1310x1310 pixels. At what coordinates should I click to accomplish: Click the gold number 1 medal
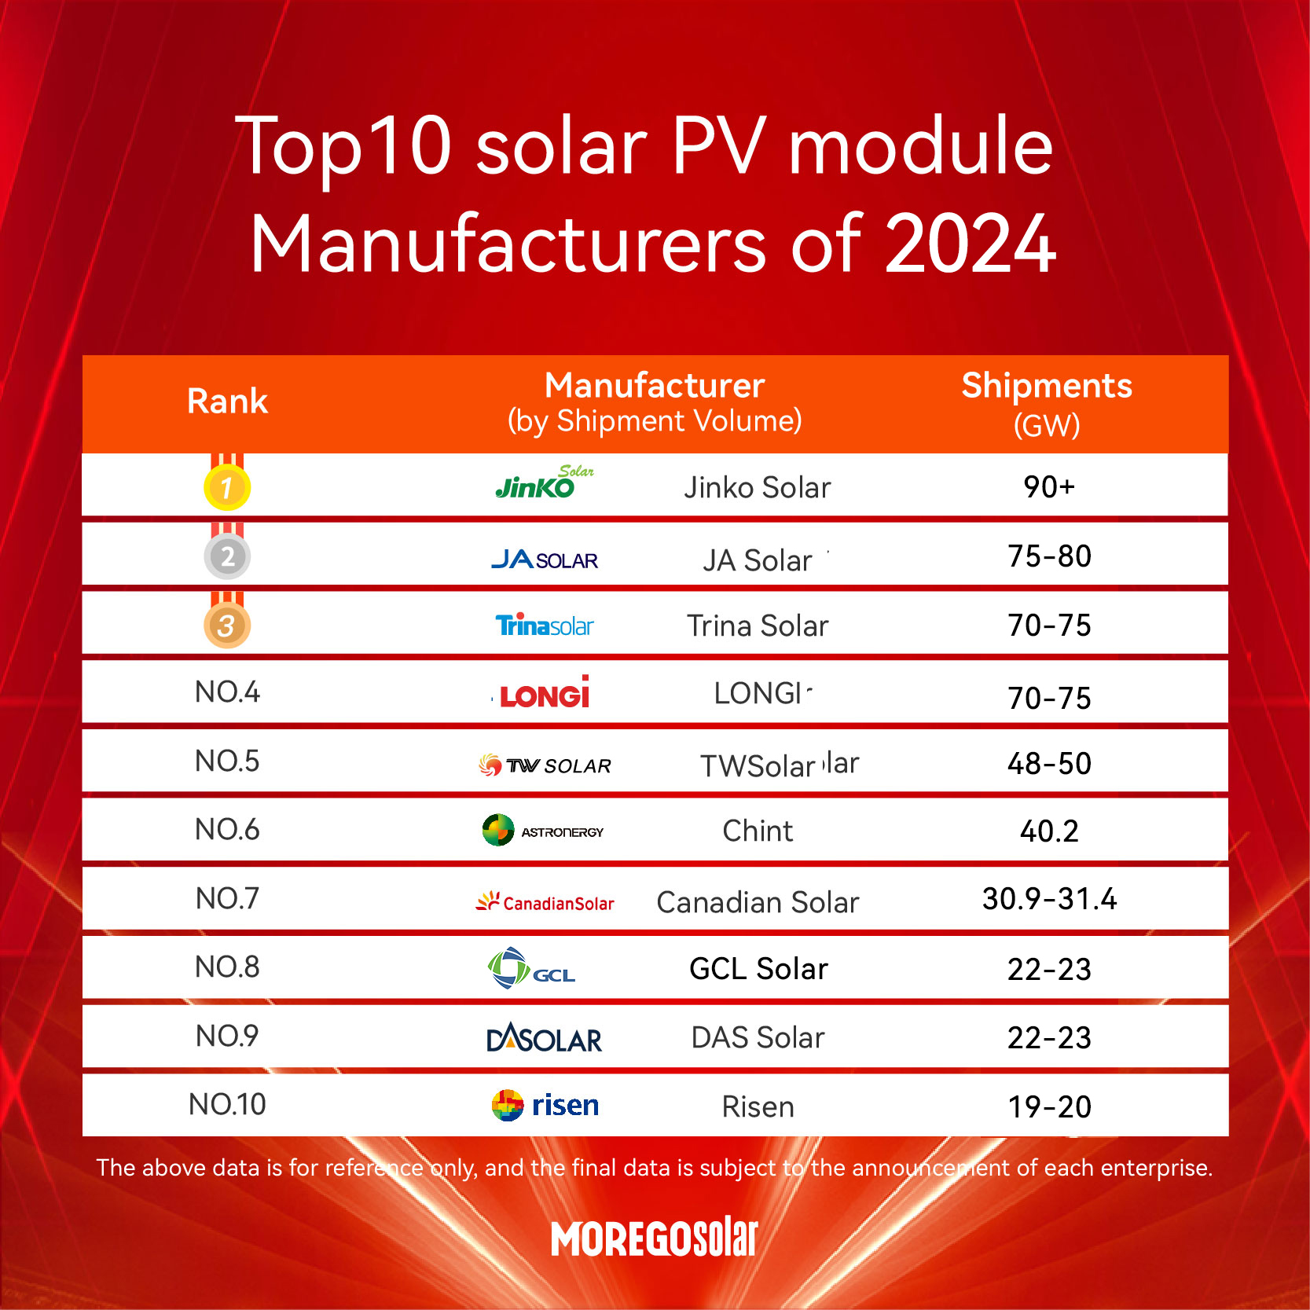tap(227, 487)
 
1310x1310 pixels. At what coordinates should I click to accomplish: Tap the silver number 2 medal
tap(227, 556)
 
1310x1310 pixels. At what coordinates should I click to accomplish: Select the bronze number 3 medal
tap(227, 626)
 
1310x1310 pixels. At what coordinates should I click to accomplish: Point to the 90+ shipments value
tap(1048, 487)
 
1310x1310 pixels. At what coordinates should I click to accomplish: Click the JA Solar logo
tap(544, 560)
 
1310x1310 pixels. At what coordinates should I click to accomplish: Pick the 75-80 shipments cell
tap(1049, 556)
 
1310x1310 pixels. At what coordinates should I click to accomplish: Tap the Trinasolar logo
tap(544, 626)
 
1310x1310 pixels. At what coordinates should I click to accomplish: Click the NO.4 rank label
tap(227, 692)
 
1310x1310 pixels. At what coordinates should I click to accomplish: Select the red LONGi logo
tap(544, 694)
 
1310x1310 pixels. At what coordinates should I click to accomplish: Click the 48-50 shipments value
tap(1049, 764)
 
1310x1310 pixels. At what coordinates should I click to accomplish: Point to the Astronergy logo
tap(542, 831)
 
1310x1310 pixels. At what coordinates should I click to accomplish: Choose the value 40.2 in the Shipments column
tap(1049, 831)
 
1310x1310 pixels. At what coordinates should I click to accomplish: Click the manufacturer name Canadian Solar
tap(758, 902)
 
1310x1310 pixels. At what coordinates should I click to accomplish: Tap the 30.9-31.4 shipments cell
tap(1049, 899)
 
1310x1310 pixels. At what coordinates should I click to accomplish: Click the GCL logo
tap(532, 969)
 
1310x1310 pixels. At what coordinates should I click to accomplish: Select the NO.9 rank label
tap(227, 1037)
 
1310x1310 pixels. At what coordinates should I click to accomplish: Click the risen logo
tap(545, 1106)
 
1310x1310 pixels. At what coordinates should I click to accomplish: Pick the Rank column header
tap(227, 402)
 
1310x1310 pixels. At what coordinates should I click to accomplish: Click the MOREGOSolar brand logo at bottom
tap(654, 1238)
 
